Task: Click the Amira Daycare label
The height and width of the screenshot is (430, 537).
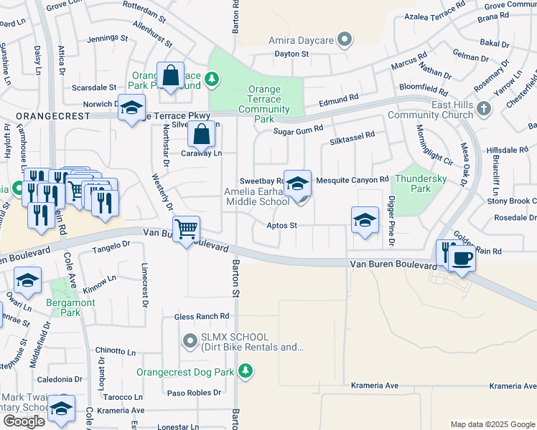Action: point(303,40)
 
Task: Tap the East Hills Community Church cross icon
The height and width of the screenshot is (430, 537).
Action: point(485,108)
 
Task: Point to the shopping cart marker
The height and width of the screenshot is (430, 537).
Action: point(187,229)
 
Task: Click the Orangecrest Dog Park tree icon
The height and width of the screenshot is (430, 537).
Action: point(246,371)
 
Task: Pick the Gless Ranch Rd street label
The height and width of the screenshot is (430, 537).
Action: point(202,316)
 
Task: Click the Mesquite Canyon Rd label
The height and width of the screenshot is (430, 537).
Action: point(352,179)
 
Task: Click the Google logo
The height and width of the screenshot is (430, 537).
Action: point(24,421)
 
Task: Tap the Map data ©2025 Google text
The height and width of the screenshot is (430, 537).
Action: point(492,424)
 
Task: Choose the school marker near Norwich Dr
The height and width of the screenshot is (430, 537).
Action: point(131,108)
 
